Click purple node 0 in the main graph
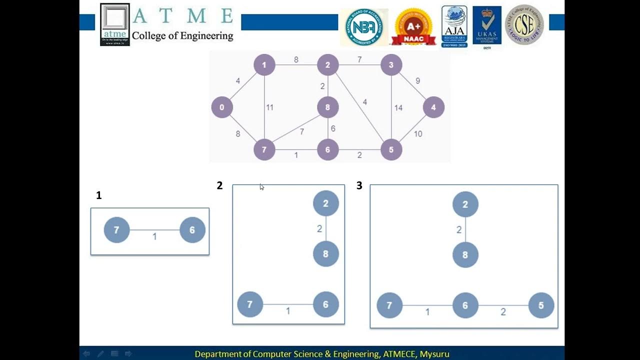[x=222, y=107]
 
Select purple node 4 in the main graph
[x=433, y=107]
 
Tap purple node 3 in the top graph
[x=391, y=65]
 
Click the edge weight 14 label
[x=398, y=107]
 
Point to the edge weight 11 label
[x=269, y=107]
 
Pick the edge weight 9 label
[x=417, y=81]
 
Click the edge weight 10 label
[x=418, y=134]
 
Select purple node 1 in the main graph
[x=264, y=65]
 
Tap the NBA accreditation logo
[x=364, y=26]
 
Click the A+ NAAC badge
[x=413, y=26]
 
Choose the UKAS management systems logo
[x=486, y=26]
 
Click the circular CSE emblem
[x=524, y=25]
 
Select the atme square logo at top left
[x=115, y=24]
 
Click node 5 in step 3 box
[x=541, y=305]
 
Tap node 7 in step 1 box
[x=116, y=230]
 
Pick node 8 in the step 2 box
[x=325, y=254]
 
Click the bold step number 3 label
[x=359, y=186]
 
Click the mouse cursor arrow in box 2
[x=261, y=187]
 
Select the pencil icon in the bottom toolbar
[x=100, y=354]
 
